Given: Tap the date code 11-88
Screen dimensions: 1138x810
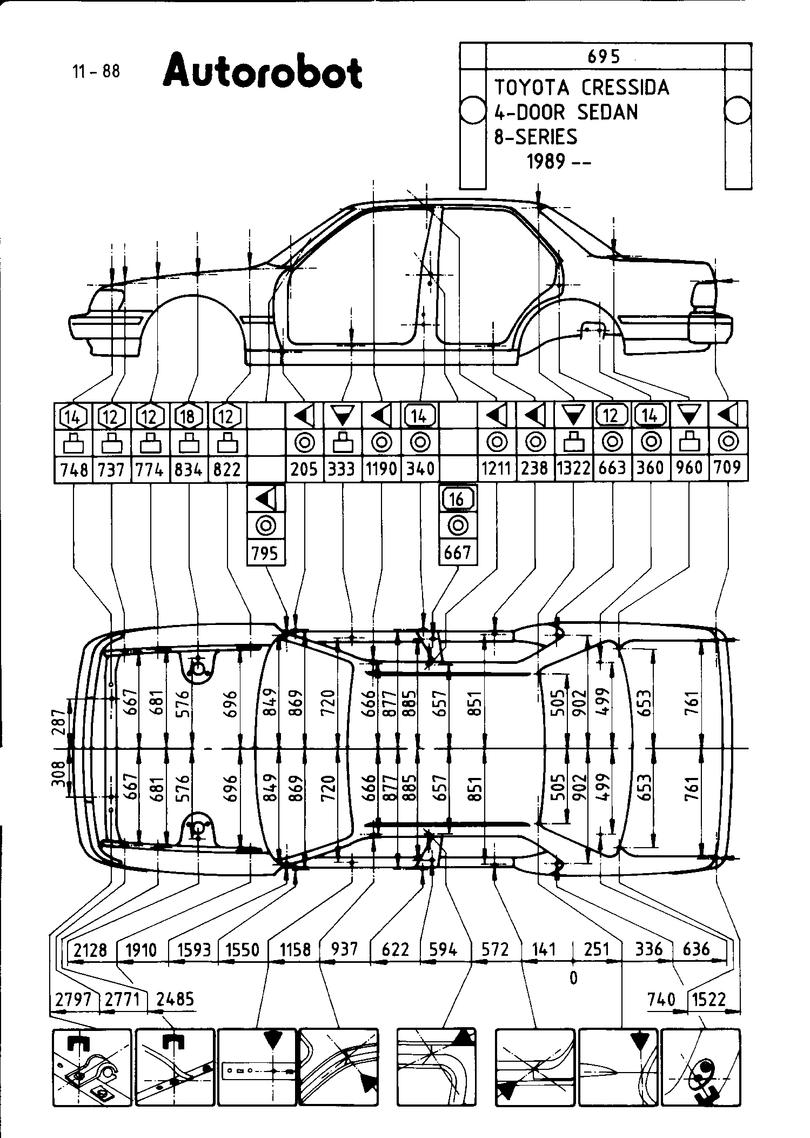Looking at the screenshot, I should [96, 71].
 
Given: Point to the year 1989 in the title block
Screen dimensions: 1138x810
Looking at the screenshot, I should [546, 161].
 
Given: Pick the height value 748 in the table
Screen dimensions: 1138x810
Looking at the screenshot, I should [74, 469].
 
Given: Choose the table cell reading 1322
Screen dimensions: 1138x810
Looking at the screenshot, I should [573, 468].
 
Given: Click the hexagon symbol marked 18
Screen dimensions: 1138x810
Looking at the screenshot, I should [189, 416].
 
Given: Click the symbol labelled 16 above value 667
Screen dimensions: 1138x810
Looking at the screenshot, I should [457, 499].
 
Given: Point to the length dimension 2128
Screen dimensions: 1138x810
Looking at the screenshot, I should [90, 950].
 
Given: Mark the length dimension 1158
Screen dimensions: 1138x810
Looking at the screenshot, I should [295, 950].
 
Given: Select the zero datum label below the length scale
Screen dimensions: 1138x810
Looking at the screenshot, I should [573, 977].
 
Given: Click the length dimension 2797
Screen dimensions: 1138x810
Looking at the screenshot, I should [75, 1000].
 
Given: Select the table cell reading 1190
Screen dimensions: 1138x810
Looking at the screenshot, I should [381, 468].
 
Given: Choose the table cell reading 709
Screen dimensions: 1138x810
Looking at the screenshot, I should [728, 467].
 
